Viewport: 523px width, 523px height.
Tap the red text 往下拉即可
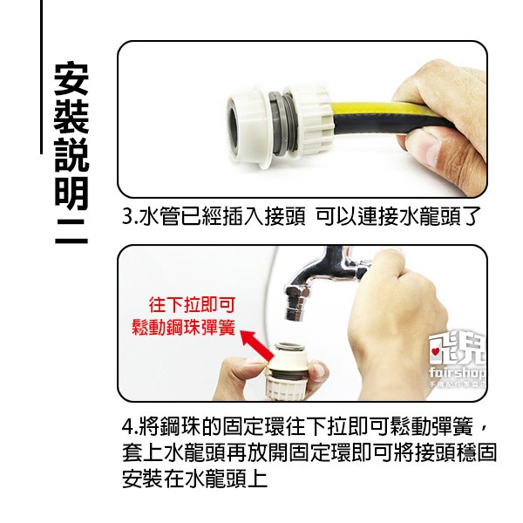click(192, 305)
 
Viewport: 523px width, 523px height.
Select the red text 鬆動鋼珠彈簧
click(184, 328)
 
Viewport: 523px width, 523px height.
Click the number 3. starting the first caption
click(130, 216)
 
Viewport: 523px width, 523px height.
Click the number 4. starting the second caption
click(130, 429)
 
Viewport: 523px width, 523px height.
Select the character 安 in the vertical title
click(70, 78)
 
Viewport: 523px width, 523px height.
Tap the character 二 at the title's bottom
click(70, 232)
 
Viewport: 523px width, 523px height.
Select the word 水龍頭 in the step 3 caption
click(416, 216)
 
